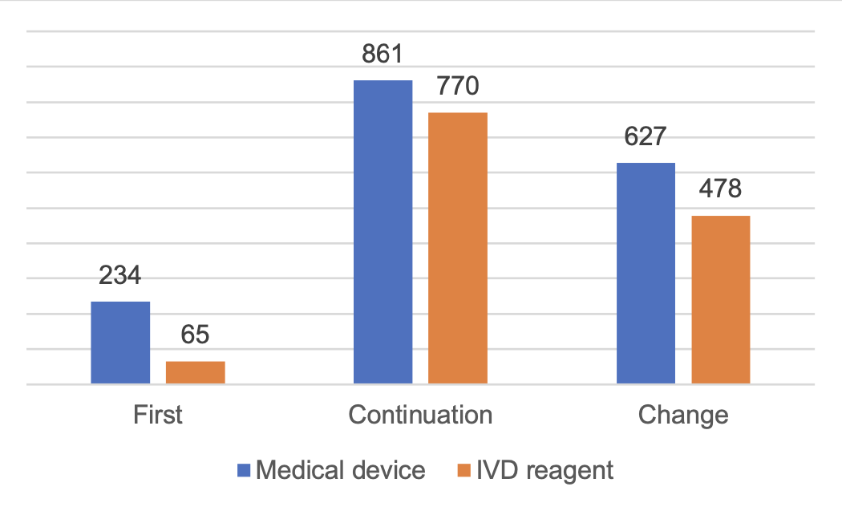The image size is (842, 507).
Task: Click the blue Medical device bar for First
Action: pos(120,343)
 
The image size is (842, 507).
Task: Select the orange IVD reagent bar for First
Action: pos(195,373)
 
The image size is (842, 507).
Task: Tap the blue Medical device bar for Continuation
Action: pos(383,233)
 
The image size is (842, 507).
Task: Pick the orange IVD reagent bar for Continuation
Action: pos(457,249)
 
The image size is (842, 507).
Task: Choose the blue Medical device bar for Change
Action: pos(646,274)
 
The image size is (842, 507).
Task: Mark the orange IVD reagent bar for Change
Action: pos(720,300)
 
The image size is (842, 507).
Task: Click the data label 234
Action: pos(120,276)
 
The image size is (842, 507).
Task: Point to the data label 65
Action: pos(195,335)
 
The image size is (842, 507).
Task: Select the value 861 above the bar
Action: pos(383,55)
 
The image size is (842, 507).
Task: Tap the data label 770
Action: pos(457,86)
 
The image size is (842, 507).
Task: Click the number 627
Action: pos(646,136)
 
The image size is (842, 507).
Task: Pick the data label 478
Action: pos(720,189)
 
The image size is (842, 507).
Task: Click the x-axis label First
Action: pos(157,415)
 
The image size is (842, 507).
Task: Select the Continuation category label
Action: pos(420,415)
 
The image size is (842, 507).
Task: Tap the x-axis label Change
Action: pos(683,415)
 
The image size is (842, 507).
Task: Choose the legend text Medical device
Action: pos(340,469)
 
